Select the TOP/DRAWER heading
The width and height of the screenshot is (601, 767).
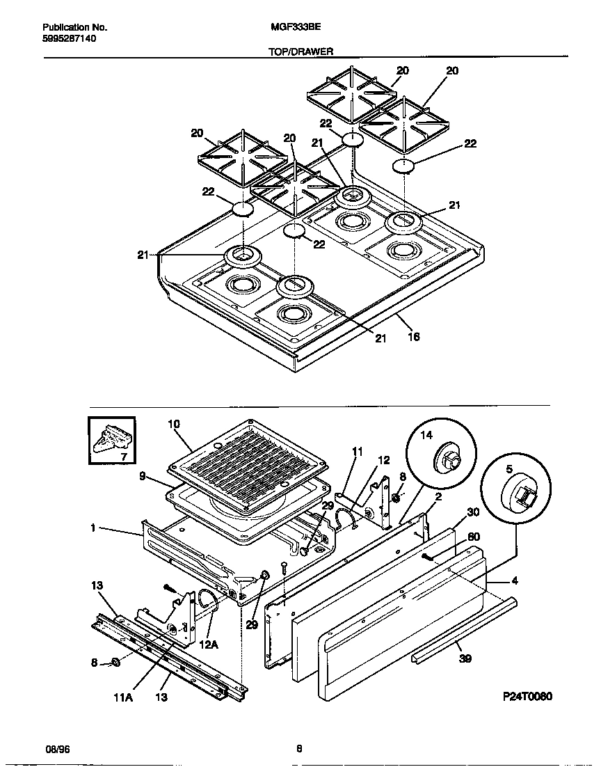coord(300,52)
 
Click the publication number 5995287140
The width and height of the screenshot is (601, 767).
coord(69,39)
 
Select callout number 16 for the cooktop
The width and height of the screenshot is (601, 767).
coord(413,337)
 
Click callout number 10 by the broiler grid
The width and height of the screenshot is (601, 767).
coord(174,423)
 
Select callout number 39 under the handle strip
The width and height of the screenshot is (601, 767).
coord(465,658)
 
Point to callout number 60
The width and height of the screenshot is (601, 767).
coord(473,536)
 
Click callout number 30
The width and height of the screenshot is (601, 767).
coord(473,512)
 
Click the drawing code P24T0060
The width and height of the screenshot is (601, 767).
coord(527,697)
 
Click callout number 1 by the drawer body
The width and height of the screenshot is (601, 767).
coord(92,528)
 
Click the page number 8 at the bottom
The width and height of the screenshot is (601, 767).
coord(299,749)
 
